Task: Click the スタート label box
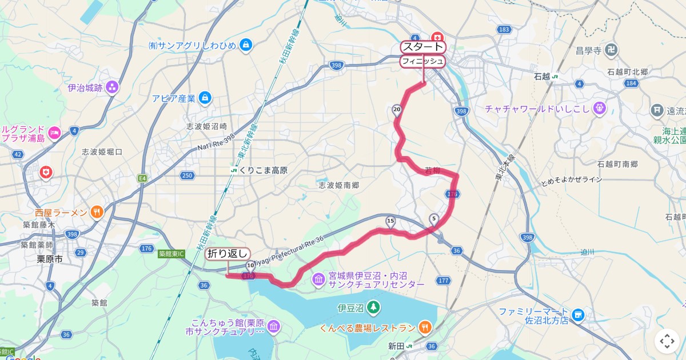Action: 422,47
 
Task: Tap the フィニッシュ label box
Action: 422,61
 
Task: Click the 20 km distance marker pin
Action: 396,110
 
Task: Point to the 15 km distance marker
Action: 390,221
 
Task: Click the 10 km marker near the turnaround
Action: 250,266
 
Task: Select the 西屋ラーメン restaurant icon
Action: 97,213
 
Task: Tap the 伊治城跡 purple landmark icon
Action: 112,87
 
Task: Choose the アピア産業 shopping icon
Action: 206,98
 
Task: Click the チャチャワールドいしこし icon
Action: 599,107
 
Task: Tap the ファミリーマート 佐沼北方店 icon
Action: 579,315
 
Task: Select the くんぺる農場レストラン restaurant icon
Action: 425,327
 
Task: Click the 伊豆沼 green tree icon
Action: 373,308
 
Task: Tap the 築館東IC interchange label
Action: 173,253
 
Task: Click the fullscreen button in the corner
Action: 667,341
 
